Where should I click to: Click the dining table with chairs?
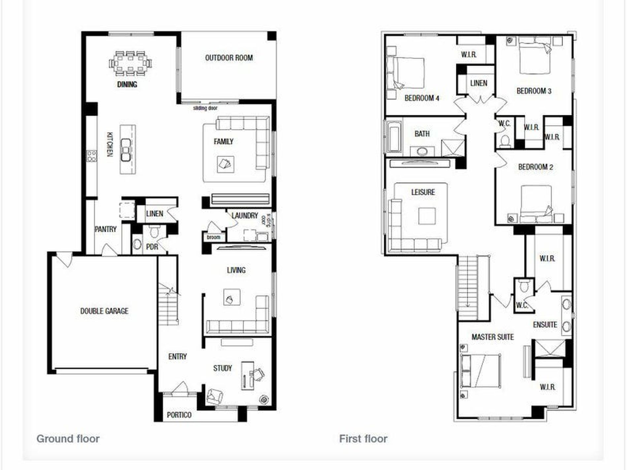click(x=130, y=63)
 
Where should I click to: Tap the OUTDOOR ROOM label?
click(x=229, y=58)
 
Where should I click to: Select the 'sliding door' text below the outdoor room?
click(x=205, y=108)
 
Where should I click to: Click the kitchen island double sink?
click(x=126, y=150)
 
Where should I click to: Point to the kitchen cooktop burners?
click(x=91, y=156)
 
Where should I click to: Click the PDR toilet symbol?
click(x=154, y=232)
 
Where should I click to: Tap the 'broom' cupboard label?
click(x=214, y=237)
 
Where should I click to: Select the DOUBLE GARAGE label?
click(x=104, y=311)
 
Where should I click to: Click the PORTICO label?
click(x=179, y=415)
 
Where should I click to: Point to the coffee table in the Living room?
click(x=231, y=298)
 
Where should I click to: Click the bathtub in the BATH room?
click(x=394, y=136)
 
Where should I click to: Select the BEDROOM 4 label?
click(x=422, y=98)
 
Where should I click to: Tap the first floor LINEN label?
click(x=478, y=83)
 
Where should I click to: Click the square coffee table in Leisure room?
click(x=427, y=216)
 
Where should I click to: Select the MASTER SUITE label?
click(x=492, y=337)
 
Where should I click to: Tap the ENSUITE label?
click(x=545, y=325)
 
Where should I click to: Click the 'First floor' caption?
click(x=363, y=439)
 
